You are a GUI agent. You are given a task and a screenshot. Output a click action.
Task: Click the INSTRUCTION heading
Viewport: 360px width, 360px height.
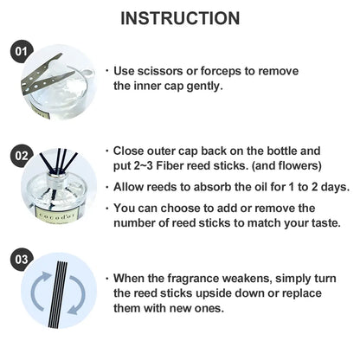[180, 18]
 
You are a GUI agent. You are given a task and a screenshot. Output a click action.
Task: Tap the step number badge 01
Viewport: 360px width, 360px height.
[22, 52]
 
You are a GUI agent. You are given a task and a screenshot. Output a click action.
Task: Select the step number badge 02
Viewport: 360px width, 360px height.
[22, 156]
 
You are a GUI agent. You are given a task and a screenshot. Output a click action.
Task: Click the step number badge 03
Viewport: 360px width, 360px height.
[22, 259]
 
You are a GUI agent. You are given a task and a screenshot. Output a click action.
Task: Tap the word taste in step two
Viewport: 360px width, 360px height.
[325, 223]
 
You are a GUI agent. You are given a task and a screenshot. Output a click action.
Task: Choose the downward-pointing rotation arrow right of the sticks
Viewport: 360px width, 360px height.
[76, 295]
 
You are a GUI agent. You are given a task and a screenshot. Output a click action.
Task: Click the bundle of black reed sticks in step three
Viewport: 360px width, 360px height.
[59, 294]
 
